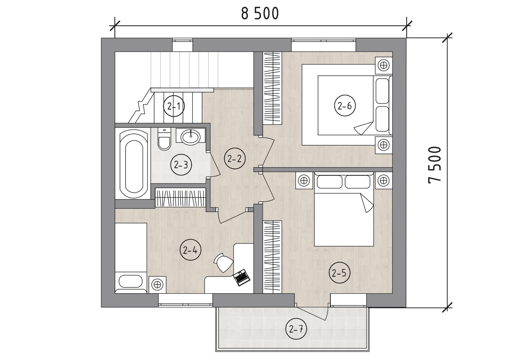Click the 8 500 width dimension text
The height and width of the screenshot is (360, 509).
[260, 14]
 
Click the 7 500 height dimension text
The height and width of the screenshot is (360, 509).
[435, 165]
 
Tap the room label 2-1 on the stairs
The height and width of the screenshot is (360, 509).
[174, 106]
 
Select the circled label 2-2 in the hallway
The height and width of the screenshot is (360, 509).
[234, 159]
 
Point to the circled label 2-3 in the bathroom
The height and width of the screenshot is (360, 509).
[181, 165]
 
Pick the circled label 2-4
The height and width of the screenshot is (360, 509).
[190, 251]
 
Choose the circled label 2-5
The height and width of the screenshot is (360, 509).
[339, 273]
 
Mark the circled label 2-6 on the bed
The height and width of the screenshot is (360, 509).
[345, 106]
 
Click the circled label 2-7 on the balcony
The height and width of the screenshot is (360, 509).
[296, 329]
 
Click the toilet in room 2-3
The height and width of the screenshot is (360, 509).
[164, 139]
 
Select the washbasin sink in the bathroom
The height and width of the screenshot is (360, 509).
[191, 137]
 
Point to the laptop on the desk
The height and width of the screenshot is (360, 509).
[241, 278]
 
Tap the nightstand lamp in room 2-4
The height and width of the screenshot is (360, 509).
[157, 285]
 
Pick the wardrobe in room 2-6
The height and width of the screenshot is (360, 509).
[272, 88]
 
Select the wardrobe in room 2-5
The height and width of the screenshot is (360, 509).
[272, 257]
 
